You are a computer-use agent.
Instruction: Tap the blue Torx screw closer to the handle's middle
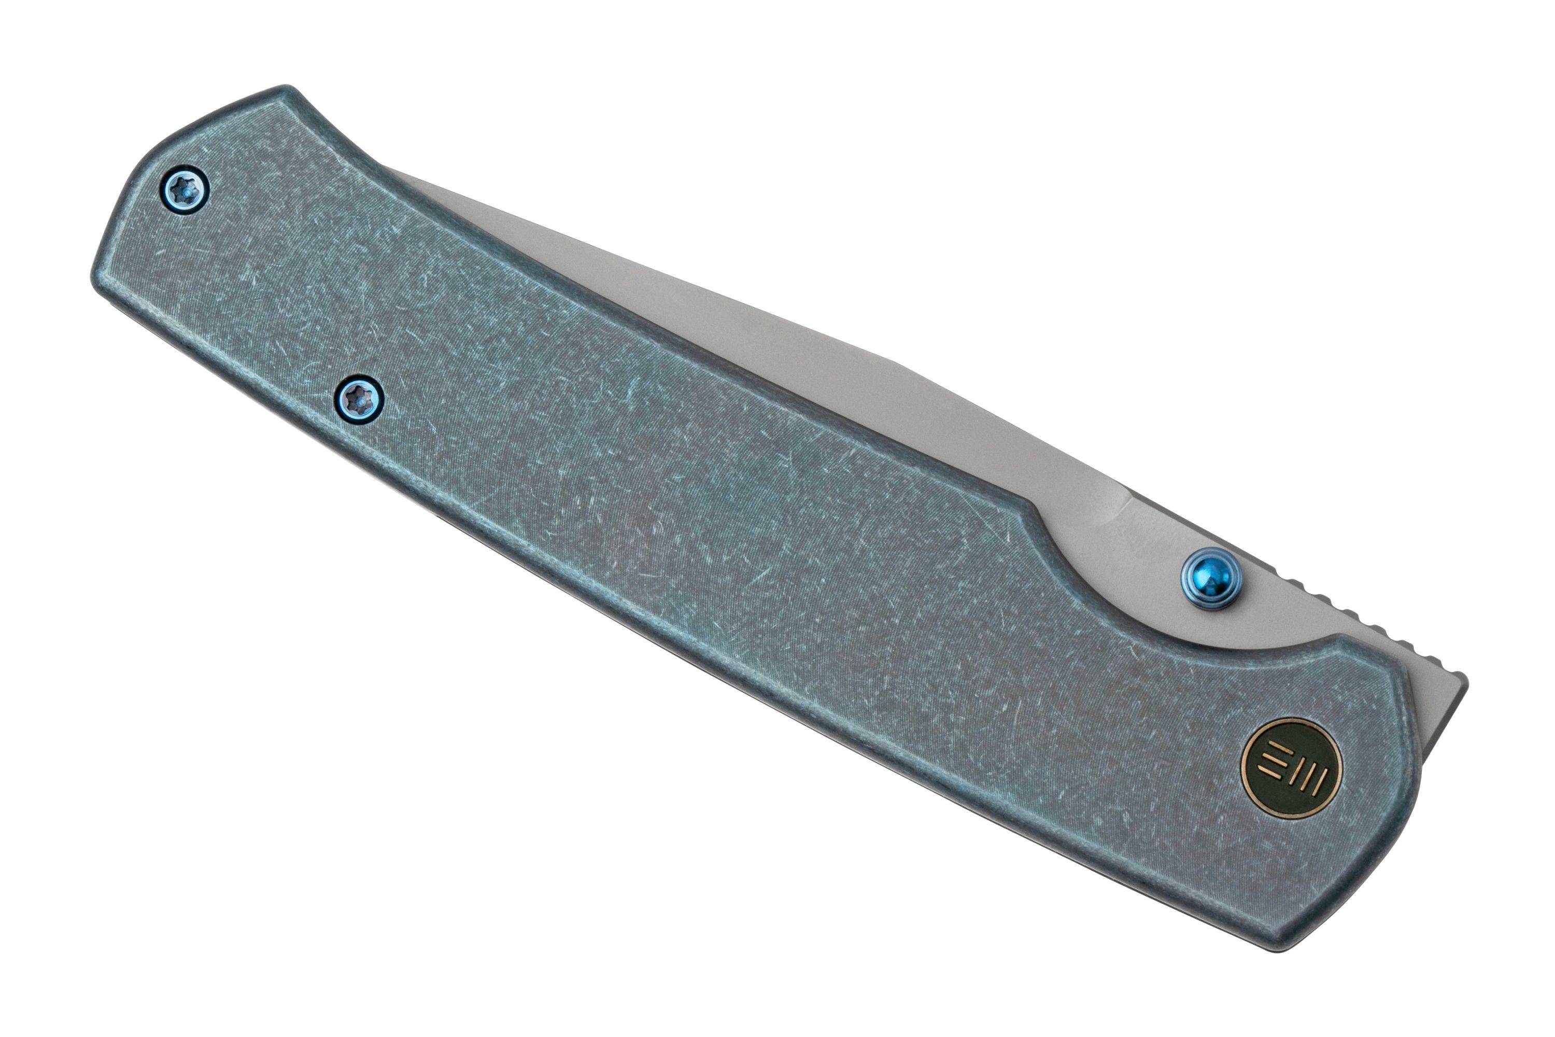[x=361, y=398]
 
